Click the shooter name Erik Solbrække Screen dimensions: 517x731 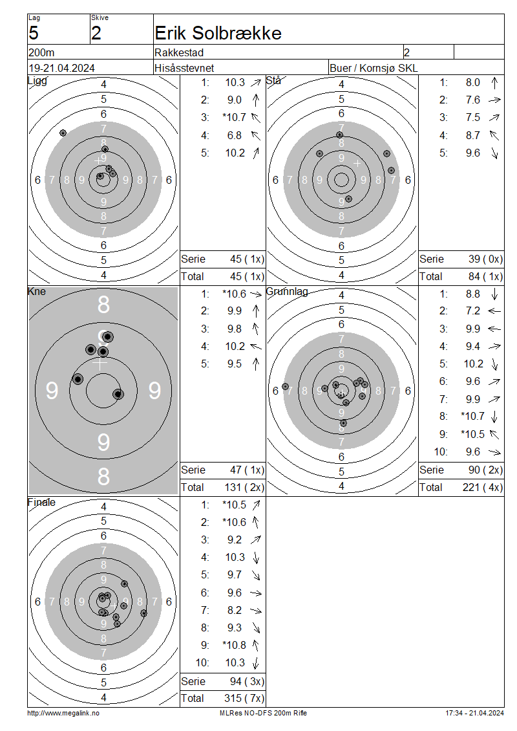point(218,33)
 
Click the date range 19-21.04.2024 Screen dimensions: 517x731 point(61,68)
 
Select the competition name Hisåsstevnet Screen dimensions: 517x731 point(184,68)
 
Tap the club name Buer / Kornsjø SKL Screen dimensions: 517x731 point(374,68)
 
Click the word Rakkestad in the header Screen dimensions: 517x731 point(179,52)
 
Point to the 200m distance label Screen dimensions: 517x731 point(41,52)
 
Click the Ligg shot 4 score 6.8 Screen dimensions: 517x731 point(235,135)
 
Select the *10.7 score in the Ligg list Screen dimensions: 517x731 point(234,118)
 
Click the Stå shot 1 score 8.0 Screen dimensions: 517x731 point(473,83)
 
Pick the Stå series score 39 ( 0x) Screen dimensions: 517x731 point(485,259)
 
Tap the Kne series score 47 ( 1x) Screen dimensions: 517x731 point(247,470)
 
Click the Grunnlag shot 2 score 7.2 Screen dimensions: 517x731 point(473,311)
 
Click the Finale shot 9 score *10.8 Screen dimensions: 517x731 point(234,645)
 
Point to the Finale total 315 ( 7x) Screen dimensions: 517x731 point(244,699)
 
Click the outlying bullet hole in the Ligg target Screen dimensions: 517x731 point(63,133)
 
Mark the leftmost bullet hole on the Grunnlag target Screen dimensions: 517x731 point(285,387)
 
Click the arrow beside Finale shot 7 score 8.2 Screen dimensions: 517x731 point(256,610)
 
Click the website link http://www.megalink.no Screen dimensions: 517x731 point(63,714)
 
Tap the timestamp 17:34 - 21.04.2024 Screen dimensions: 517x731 point(474,714)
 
